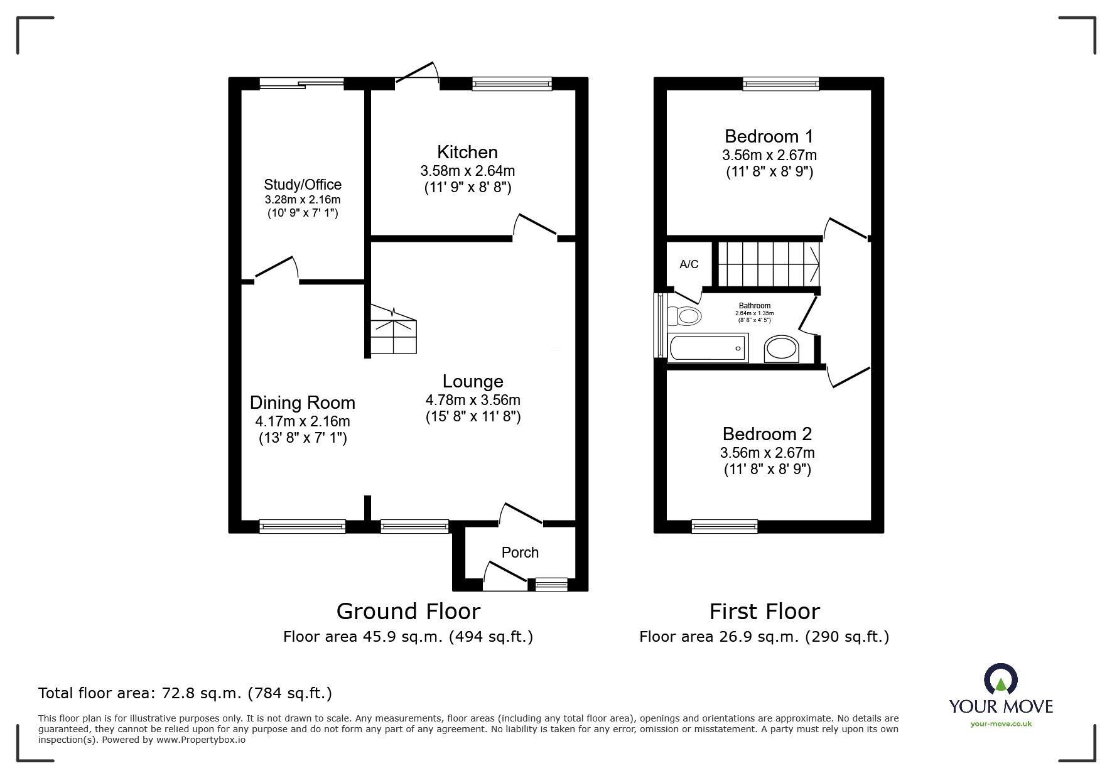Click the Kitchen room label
point(467,152)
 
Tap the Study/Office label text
point(303,185)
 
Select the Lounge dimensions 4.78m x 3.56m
point(473,400)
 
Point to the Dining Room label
point(303,403)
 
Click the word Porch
point(520,553)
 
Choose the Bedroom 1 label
point(769,136)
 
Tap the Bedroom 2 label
point(767,434)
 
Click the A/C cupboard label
point(689,264)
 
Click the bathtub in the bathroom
point(707,348)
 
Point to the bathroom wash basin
point(782,349)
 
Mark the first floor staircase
point(769,263)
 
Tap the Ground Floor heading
point(408,611)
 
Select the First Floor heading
point(764,611)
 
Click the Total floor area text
point(185,693)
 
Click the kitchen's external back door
point(416,73)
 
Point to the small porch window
point(551,584)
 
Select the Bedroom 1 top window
point(781,84)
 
